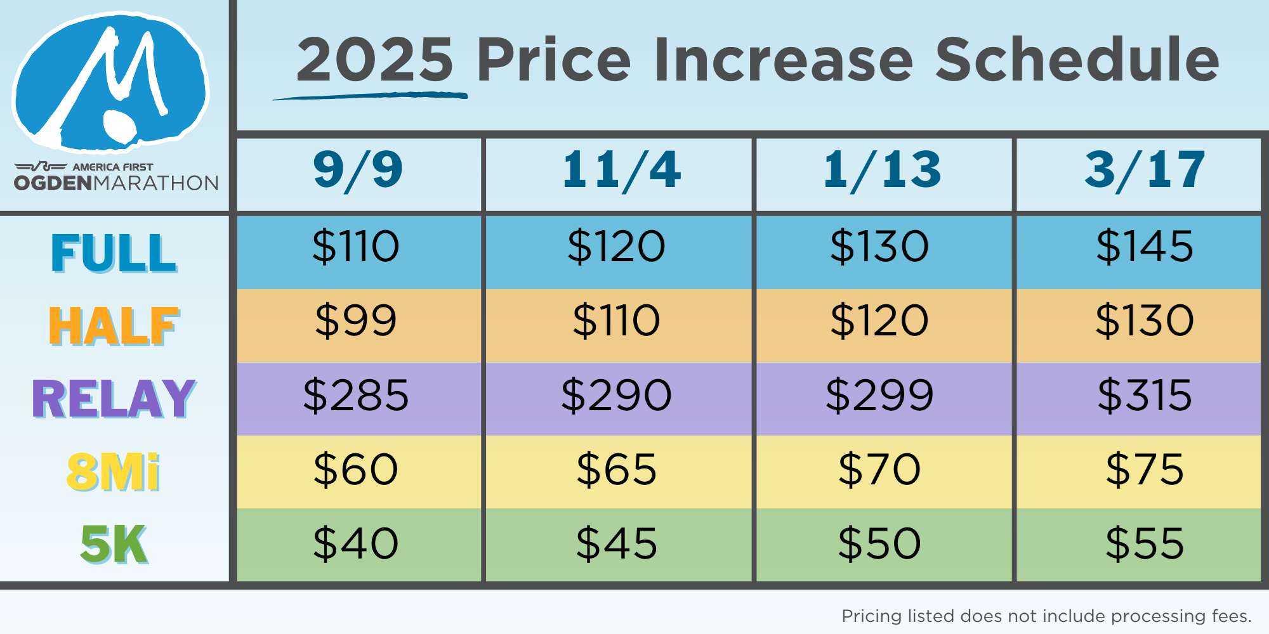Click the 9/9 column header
[x=358, y=170]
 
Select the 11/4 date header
[x=621, y=170]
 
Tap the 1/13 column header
[x=882, y=170]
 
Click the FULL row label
[x=114, y=252]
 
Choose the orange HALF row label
[x=114, y=326]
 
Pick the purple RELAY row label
[x=114, y=399]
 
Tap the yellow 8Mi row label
[x=114, y=472]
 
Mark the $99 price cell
[x=356, y=320]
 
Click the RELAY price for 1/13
[x=879, y=394]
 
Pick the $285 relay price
[x=356, y=394]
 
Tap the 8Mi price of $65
[x=616, y=469]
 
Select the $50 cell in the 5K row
[x=879, y=543]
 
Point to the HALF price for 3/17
[x=1145, y=320]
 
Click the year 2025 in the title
[x=375, y=60]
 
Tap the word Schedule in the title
[x=1077, y=60]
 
